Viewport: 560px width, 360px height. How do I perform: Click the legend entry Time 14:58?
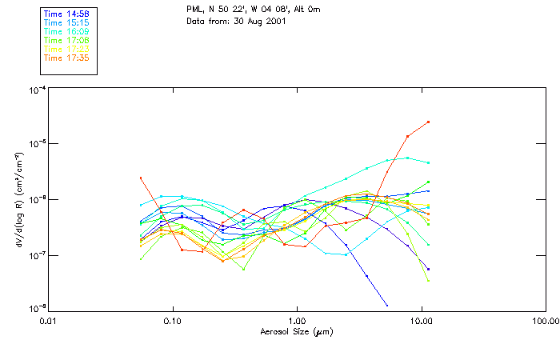pyautogui.click(x=66, y=14)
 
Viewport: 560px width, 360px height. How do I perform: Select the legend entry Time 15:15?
pyautogui.click(x=66, y=22)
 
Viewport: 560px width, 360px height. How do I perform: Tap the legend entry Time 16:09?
pyautogui.click(x=66, y=31)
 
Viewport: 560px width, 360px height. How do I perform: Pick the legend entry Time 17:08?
pyautogui.click(x=66, y=40)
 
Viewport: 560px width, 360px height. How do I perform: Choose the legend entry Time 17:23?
pyautogui.click(x=66, y=49)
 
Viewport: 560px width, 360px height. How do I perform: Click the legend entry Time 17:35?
pyautogui.click(x=66, y=58)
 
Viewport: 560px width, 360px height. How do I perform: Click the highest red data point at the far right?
pyautogui.click(x=429, y=122)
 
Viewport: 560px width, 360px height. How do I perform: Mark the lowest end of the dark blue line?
pyautogui.click(x=387, y=306)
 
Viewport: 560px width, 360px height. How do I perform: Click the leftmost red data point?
pyautogui.click(x=141, y=178)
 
